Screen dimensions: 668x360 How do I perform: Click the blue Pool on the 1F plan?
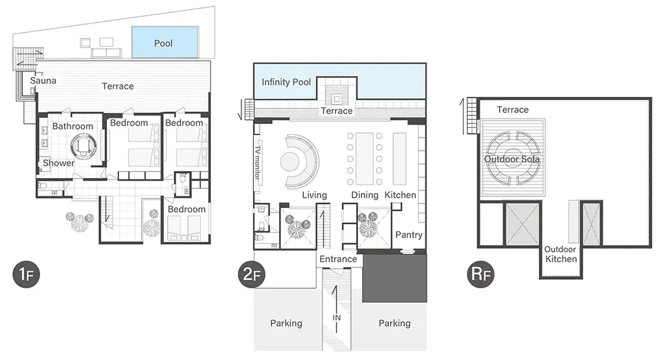165,42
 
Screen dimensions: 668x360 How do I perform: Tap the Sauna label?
43,80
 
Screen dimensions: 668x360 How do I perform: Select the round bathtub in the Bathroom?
83,145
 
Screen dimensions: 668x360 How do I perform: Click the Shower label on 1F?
59,163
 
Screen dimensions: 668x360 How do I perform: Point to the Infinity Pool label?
286,82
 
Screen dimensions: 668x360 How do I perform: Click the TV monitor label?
257,162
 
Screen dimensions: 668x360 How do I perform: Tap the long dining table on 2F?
365,158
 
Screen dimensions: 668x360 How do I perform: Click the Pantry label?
409,235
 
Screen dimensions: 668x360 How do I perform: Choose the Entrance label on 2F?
339,259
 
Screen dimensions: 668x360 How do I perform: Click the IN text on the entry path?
337,318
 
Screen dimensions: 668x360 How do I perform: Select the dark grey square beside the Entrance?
395,278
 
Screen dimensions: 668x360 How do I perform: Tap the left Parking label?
286,323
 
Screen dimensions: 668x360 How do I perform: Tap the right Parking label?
395,323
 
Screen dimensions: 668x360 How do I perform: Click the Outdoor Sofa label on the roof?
512,159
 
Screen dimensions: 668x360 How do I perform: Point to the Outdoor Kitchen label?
560,254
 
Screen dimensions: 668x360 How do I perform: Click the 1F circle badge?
26,275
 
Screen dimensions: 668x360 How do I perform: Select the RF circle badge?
481,274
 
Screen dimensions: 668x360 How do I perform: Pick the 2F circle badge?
252,274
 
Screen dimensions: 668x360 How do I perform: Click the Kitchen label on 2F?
401,195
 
